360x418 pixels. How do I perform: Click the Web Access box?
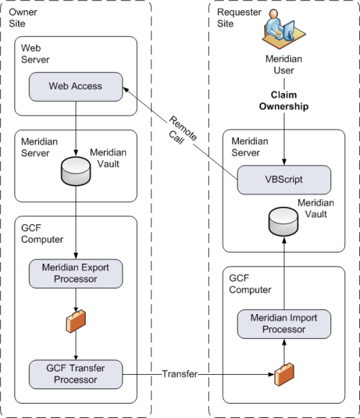coord(76,86)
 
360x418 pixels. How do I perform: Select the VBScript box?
coord(284,179)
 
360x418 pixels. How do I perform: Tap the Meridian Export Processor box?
coord(76,274)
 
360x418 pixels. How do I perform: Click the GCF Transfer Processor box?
coord(76,374)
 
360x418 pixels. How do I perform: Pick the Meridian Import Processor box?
coord(284,324)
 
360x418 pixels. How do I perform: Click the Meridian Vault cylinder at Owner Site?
coord(76,171)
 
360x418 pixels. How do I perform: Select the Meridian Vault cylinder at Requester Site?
coord(283,221)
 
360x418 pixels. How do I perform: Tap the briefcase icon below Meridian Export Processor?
coord(76,321)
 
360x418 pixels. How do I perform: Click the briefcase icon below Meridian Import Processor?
coord(284,374)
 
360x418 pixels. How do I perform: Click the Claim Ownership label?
coord(284,100)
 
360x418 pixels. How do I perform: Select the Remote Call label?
coord(182,130)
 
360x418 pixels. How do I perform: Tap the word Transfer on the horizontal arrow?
coord(180,374)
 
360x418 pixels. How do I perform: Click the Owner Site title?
coord(23,18)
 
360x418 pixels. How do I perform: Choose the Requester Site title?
coord(239,18)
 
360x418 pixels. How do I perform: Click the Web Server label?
coord(35,54)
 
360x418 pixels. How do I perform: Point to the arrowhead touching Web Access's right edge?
coord(126,89)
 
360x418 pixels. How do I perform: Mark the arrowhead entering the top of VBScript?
coord(284,162)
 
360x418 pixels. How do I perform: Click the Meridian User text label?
coord(284,65)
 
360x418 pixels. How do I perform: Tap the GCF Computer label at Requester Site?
coord(250,284)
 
